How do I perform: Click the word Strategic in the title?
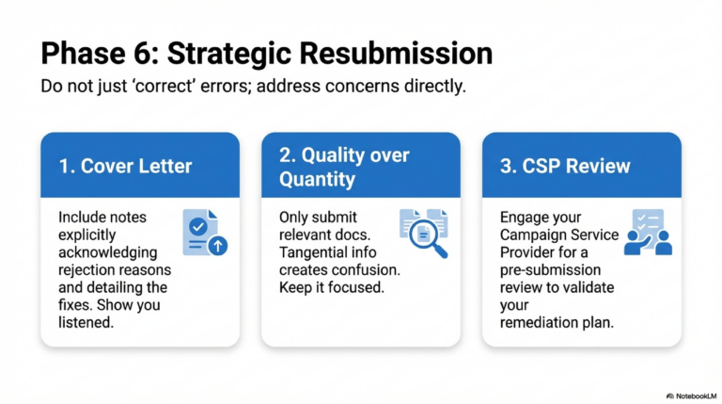pos(228,53)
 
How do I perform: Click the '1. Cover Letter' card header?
pos(139,166)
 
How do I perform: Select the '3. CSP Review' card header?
pos(581,166)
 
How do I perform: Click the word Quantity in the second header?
pos(319,178)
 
